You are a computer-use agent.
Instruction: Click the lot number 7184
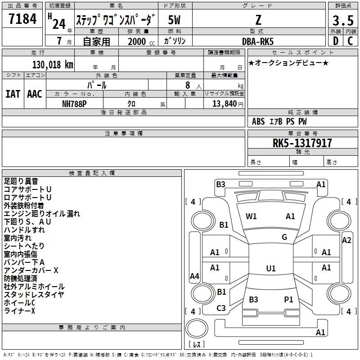click(x=22, y=19)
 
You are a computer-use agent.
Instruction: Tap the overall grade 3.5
click(x=343, y=20)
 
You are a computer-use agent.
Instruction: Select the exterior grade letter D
click(x=336, y=41)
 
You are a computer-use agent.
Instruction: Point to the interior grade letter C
click(x=350, y=41)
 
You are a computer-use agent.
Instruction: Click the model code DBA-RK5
click(x=258, y=41)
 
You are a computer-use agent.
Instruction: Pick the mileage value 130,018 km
click(x=53, y=65)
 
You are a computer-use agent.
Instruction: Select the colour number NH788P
click(x=74, y=104)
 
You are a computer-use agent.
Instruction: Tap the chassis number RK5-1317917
click(x=302, y=143)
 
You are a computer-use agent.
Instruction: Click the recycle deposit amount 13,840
click(x=224, y=104)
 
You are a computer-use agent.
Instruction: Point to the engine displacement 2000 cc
click(x=141, y=41)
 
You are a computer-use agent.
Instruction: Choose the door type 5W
click(x=174, y=20)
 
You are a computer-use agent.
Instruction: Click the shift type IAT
click(x=13, y=94)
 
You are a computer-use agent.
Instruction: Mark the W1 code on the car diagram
click(x=251, y=216)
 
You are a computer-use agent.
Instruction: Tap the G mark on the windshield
click(x=284, y=237)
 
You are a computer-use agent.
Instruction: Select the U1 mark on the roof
click(x=271, y=268)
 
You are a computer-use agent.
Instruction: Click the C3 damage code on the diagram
click(x=221, y=308)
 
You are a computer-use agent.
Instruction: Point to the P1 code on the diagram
click(x=288, y=299)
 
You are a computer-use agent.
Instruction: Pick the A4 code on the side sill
click(x=194, y=276)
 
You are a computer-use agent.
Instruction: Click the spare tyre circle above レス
click(x=197, y=328)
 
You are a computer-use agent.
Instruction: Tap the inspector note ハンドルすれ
click(x=24, y=230)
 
